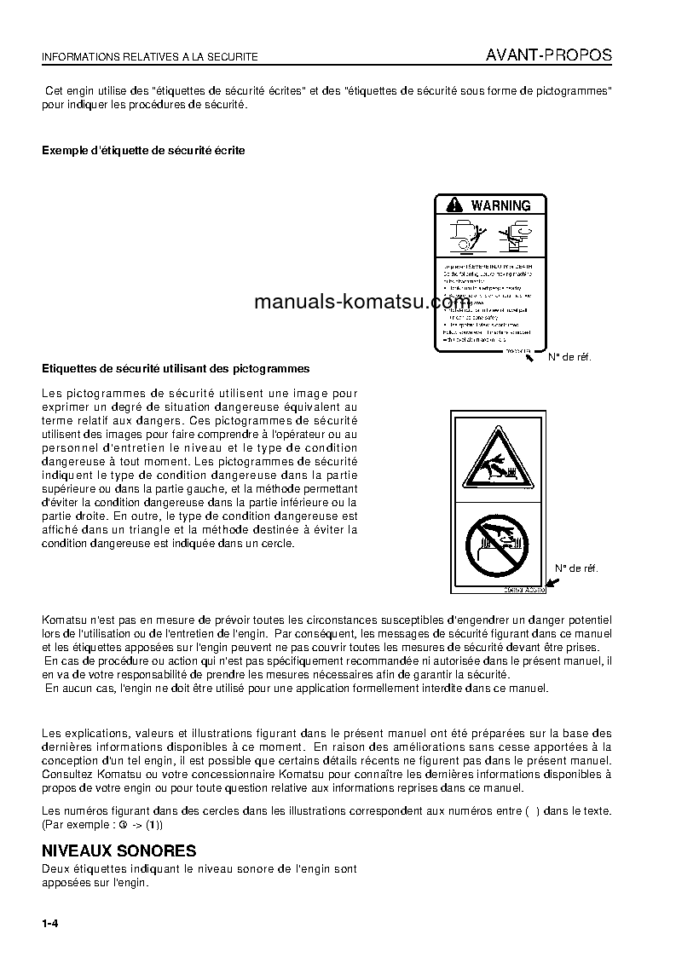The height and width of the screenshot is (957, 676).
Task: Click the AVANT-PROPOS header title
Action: [x=548, y=55]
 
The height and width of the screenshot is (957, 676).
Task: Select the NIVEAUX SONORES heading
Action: [x=119, y=851]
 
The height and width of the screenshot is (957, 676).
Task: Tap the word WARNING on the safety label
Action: [x=500, y=205]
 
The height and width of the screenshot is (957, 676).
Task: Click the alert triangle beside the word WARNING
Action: [x=454, y=205]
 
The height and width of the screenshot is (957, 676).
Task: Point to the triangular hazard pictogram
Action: [x=497, y=461]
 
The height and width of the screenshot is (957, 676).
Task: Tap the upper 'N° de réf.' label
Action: [x=569, y=357]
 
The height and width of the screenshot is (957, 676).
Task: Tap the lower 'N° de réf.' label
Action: [x=577, y=568]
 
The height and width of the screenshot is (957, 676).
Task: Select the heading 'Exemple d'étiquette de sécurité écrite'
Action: [x=143, y=150]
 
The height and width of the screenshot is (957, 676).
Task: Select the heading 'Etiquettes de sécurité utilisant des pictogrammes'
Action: [x=176, y=369]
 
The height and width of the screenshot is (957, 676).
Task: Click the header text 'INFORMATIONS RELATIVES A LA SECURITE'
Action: [x=150, y=57]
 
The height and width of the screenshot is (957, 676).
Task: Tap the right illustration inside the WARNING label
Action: [x=517, y=236]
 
